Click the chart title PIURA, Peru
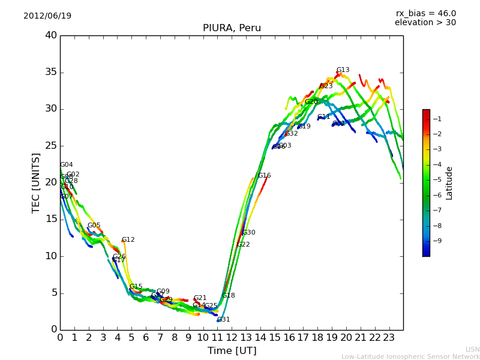click(x=232, y=28)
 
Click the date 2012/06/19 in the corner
click(x=47, y=16)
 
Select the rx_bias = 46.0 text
click(x=425, y=13)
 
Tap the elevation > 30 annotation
click(x=425, y=23)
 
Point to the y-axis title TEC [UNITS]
click(x=36, y=182)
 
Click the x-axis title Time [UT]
click(x=232, y=350)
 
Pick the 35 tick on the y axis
click(x=51, y=73)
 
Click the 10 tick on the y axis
click(x=51, y=256)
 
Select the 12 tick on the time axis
click(x=232, y=338)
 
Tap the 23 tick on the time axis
click(x=389, y=338)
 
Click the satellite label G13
click(x=343, y=70)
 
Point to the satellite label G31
click(x=223, y=320)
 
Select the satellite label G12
click(x=128, y=240)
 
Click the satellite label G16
click(x=264, y=176)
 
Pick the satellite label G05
click(x=94, y=226)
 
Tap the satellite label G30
click(x=248, y=233)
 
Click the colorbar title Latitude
click(x=449, y=182)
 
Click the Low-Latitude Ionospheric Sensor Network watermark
click(x=410, y=356)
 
